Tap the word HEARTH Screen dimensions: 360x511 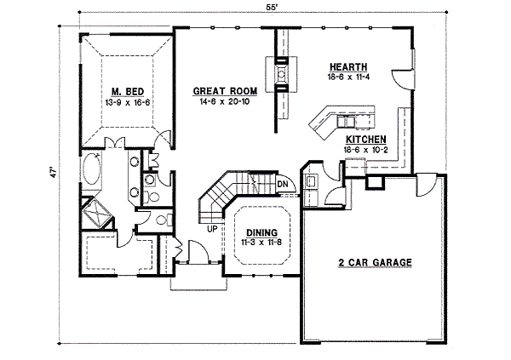pyautogui.click(x=349, y=66)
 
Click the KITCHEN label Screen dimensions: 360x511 pyautogui.click(x=366, y=139)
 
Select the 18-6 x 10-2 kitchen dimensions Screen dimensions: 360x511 pyautogui.click(x=366, y=150)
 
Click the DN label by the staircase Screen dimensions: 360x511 pyautogui.click(x=282, y=183)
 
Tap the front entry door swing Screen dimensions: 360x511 pyautogui.click(x=194, y=253)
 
